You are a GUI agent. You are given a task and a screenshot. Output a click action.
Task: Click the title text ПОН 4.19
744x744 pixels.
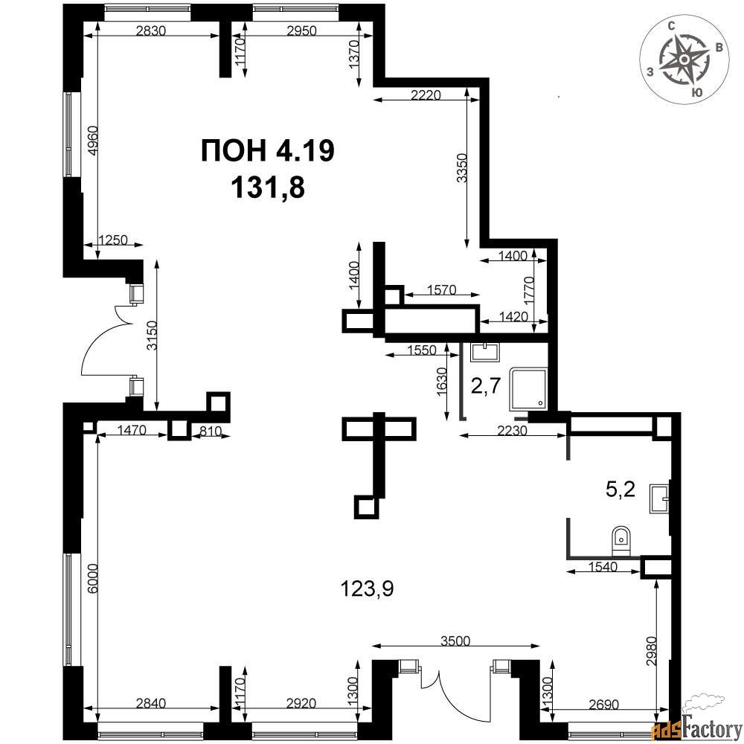(x=268, y=151)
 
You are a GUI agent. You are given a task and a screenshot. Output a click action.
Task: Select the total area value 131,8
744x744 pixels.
(x=268, y=187)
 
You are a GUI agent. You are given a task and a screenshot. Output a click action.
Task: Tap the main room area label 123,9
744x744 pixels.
(x=368, y=589)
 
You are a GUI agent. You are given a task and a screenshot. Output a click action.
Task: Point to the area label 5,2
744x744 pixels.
(x=620, y=489)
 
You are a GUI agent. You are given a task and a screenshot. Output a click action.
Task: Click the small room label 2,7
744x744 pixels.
(x=486, y=385)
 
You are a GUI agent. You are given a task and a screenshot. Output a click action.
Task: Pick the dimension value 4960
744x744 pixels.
(x=94, y=141)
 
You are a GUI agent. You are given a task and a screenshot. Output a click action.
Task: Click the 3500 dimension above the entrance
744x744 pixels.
(x=455, y=641)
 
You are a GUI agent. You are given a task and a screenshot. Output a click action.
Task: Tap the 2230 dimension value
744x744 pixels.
(x=513, y=431)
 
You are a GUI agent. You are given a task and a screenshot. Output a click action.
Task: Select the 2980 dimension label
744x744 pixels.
(x=653, y=650)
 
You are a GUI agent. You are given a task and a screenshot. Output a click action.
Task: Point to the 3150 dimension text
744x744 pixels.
(x=152, y=336)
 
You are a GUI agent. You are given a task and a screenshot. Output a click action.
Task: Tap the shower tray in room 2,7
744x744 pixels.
(x=528, y=389)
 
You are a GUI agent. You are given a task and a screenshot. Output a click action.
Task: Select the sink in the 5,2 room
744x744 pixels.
(x=659, y=498)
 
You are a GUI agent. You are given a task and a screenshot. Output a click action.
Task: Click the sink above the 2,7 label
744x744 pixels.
(x=484, y=353)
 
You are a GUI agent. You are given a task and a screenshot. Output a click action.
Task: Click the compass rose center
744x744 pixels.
(x=684, y=60)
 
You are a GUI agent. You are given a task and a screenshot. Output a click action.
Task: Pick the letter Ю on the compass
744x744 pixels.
(x=696, y=93)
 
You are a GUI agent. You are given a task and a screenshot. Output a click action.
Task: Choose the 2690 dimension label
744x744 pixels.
(x=603, y=705)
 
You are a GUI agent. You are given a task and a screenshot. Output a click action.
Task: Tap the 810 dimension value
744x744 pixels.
(x=211, y=432)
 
